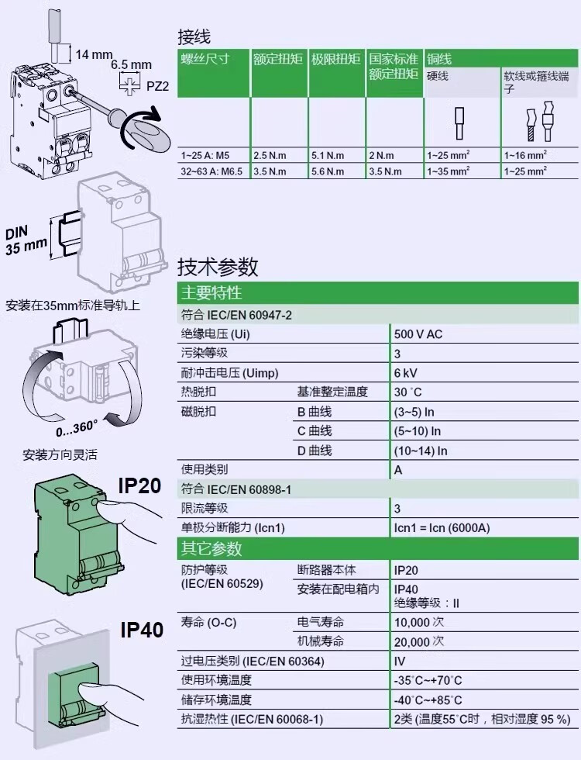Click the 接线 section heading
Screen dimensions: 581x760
[194, 37]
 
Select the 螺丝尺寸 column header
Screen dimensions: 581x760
[205, 59]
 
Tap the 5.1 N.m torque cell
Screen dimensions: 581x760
[328, 156]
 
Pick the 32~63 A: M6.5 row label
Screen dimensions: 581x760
[211, 171]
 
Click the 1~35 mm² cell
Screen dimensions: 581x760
[449, 171]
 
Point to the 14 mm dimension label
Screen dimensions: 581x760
[94, 54]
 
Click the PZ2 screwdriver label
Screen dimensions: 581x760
[158, 86]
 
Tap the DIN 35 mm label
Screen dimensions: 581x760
[26, 241]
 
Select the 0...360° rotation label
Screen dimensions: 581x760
[77, 428]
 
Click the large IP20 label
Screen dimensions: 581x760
[139, 485]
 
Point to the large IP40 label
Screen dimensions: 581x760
[142, 630]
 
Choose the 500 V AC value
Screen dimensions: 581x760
[418, 334]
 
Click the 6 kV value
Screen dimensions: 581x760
[405, 373]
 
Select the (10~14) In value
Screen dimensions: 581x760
[421, 451]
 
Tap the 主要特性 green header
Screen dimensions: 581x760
[211, 293]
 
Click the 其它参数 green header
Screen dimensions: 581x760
[211, 548]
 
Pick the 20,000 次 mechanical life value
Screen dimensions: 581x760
[419, 642]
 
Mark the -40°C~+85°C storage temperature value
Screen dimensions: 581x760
[428, 700]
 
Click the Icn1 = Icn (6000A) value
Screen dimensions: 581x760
[442, 528]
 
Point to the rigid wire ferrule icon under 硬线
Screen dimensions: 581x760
[459, 123]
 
